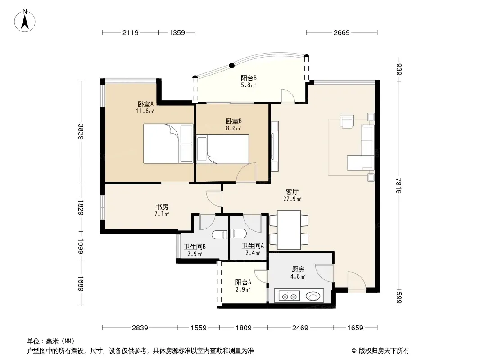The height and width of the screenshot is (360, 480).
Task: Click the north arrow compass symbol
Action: click(x=25, y=21)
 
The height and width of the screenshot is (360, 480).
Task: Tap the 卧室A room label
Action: click(x=145, y=104)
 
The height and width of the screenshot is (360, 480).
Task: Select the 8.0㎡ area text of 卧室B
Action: click(x=234, y=128)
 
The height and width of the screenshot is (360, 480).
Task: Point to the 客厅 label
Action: click(x=292, y=192)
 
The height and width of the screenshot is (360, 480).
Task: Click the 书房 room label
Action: click(x=162, y=207)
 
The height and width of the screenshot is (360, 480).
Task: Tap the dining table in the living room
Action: click(x=289, y=229)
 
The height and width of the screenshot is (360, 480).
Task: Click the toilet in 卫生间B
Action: click(x=219, y=234)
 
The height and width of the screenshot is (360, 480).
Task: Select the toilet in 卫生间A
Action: click(x=238, y=234)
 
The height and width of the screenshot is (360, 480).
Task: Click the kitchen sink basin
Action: click(x=312, y=297)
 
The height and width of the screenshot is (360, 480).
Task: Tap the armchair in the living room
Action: click(x=347, y=121)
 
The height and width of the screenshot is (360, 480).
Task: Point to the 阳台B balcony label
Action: click(x=249, y=78)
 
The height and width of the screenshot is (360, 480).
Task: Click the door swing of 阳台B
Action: click(x=288, y=96)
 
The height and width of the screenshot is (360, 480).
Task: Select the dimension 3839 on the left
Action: click(x=81, y=131)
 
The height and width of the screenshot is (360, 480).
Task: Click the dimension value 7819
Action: click(x=398, y=186)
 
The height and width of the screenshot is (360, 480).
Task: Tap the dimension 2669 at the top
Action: click(x=342, y=32)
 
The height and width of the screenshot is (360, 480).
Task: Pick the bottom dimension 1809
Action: click(x=243, y=328)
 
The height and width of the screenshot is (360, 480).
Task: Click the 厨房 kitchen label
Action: click(x=298, y=269)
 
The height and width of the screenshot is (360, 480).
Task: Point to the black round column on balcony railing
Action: click(x=232, y=65)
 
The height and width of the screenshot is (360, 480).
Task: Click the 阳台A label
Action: click(x=243, y=282)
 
